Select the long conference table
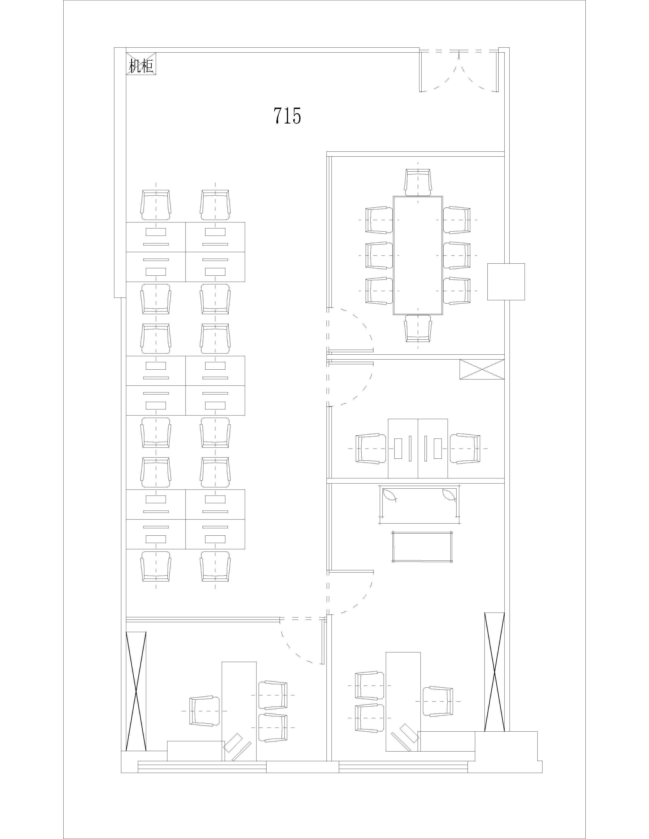point(418,256)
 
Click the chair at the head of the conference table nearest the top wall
point(418,182)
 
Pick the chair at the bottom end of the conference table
point(418,328)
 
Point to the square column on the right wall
point(506,282)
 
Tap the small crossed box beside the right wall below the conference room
point(482,370)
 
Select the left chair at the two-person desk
point(370,449)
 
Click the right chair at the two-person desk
point(465,449)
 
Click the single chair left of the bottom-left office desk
point(206,711)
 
